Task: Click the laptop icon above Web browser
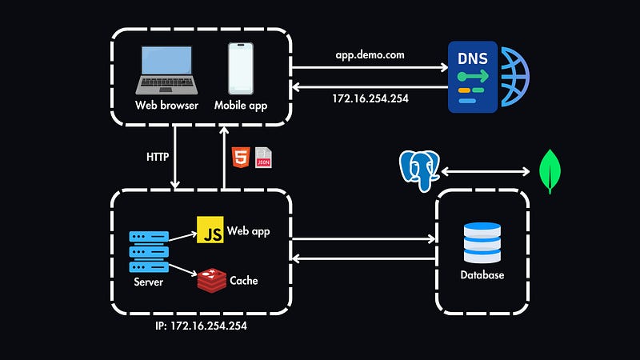(x=166, y=70)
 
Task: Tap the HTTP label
(x=158, y=157)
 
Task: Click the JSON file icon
(x=262, y=158)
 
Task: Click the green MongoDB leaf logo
(x=549, y=172)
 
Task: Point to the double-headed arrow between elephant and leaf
(x=484, y=170)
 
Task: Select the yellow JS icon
(x=210, y=231)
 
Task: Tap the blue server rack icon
(x=150, y=253)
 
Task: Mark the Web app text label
(x=249, y=231)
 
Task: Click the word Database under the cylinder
(x=482, y=275)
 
